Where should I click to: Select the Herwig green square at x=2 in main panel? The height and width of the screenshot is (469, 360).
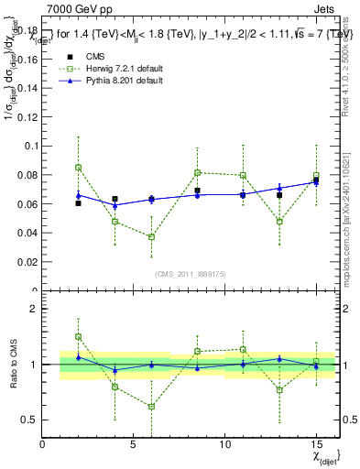79,167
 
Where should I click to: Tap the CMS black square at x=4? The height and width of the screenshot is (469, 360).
115,199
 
